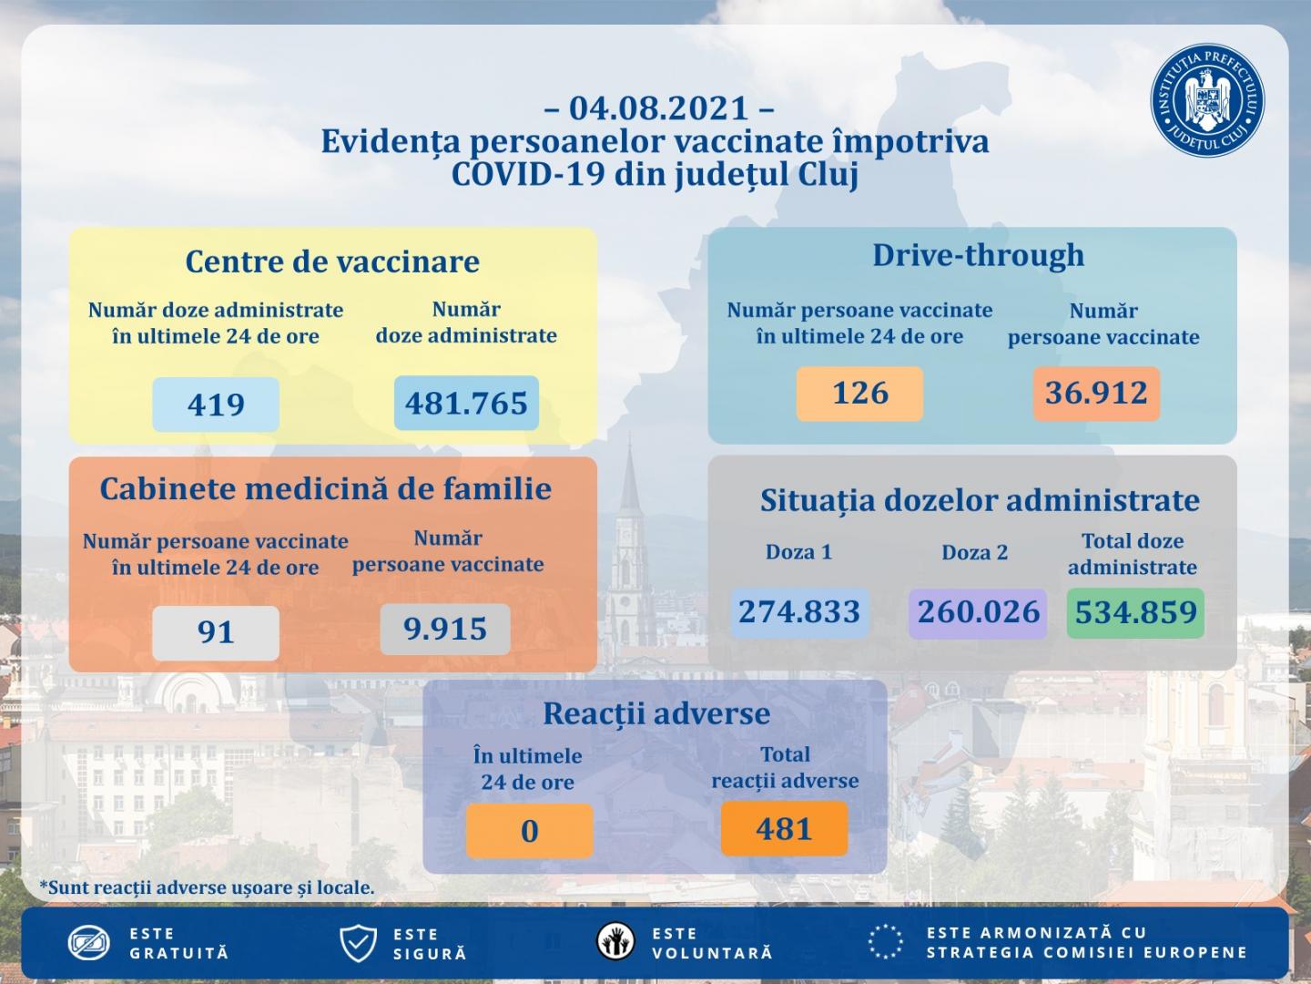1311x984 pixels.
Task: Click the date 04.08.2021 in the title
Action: coord(658,108)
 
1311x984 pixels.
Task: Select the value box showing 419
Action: coord(216,404)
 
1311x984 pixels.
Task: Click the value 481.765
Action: coord(466,403)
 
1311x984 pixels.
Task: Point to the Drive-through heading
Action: coord(979,255)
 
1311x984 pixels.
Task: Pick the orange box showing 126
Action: coord(859,394)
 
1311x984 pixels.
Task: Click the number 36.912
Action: coord(1096,394)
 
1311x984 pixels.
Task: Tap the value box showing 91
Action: coord(216,632)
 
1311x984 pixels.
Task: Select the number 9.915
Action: coord(445,629)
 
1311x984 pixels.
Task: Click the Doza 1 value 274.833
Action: coord(799,612)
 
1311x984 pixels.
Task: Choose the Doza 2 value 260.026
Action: coord(978,612)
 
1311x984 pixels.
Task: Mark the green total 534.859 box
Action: coord(1135,612)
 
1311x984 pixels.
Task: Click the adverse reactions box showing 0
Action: coord(529,831)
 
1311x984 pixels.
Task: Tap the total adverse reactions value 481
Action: coord(784,829)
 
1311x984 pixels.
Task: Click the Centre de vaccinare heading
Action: coord(332,261)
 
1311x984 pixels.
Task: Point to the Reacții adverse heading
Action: coord(656,713)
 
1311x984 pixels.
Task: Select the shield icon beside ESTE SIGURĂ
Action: coord(358,943)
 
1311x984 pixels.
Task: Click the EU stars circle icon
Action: coord(886,942)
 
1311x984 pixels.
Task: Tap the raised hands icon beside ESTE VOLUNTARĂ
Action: coord(616,942)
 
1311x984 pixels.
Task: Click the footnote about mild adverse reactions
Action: coord(207,887)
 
